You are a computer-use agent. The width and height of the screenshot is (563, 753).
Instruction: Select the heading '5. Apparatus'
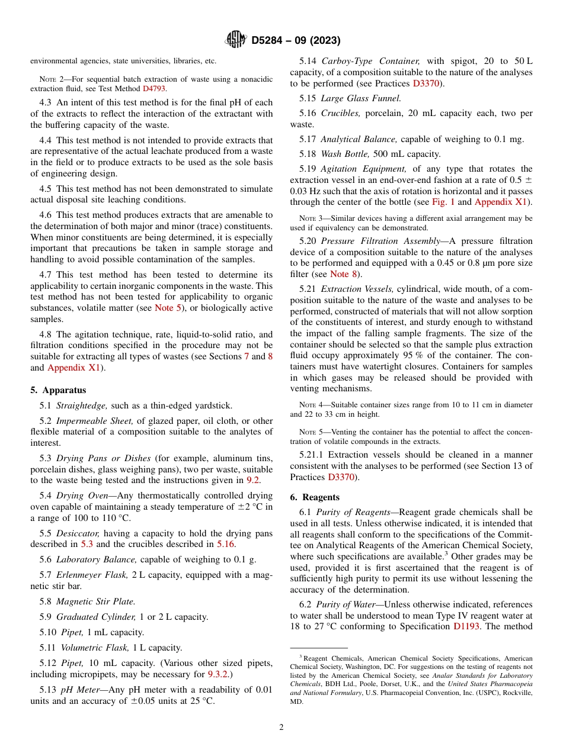(x=58, y=390)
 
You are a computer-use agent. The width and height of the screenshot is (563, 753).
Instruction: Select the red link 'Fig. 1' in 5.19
(x=443, y=202)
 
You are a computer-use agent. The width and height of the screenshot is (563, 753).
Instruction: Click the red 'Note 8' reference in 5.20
(x=339, y=273)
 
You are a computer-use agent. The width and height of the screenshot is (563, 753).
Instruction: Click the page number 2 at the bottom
(x=281, y=728)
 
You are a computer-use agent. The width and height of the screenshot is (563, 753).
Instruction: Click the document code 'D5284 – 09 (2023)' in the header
(x=296, y=41)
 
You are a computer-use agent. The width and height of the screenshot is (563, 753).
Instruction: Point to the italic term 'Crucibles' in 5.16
(x=341, y=112)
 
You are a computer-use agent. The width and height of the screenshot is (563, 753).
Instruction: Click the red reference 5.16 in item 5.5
(x=228, y=544)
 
